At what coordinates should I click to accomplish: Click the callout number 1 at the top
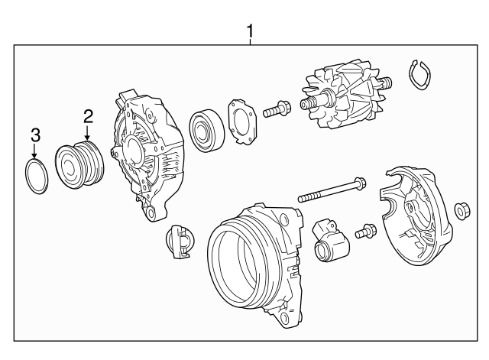click(x=250, y=31)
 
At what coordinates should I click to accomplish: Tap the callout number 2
click(x=88, y=116)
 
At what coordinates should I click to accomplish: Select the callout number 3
click(x=34, y=135)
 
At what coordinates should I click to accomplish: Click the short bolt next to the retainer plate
click(x=276, y=109)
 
